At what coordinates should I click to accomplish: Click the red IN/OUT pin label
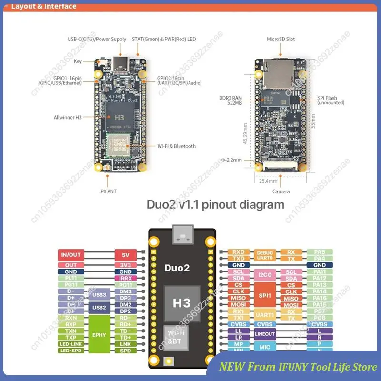71,255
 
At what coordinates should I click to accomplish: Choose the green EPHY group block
100,334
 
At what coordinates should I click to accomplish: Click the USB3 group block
100,294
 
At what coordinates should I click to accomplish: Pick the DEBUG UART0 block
265,255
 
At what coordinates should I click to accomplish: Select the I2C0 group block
265,275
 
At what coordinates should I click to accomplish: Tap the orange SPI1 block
265,295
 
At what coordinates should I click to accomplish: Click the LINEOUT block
265,334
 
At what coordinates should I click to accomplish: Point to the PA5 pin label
320,251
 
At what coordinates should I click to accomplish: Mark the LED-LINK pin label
71,344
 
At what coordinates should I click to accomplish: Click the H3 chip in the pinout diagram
181,302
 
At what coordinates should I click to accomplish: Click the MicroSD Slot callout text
281,39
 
